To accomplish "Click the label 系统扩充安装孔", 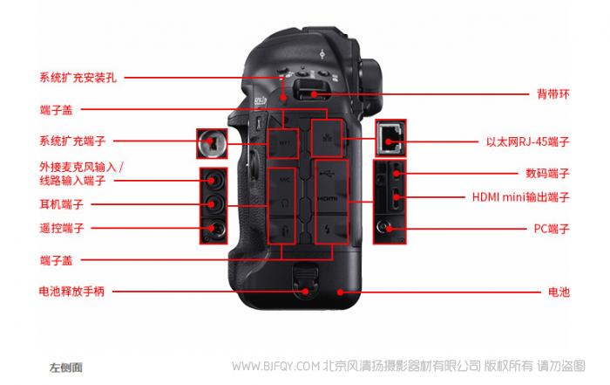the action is (x=78, y=78).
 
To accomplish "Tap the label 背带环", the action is (x=552, y=94).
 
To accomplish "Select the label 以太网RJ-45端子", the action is (x=527, y=141).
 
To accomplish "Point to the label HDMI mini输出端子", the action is (x=520, y=196).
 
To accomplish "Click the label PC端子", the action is (x=552, y=229).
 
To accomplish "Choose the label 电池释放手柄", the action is (x=71, y=291).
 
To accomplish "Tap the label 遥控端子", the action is (x=62, y=228).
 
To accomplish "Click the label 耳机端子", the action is (x=62, y=204).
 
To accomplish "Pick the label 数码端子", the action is (x=547, y=174).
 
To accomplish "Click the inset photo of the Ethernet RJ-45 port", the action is (x=391, y=138).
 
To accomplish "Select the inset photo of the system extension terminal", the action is (x=212, y=143).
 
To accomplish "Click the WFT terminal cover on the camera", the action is (x=283, y=143).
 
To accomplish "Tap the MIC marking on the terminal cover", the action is (x=284, y=180).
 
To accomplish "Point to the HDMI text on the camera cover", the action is (x=327, y=199).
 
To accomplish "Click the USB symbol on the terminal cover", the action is (x=327, y=173).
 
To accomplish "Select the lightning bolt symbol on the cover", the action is (x=327, y=230).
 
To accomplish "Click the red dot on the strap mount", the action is (x=314, y=94).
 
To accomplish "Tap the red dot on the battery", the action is (x=340, y=292).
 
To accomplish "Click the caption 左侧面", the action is (x=65, y=368).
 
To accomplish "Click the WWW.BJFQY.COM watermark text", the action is (x=276, y=367).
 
